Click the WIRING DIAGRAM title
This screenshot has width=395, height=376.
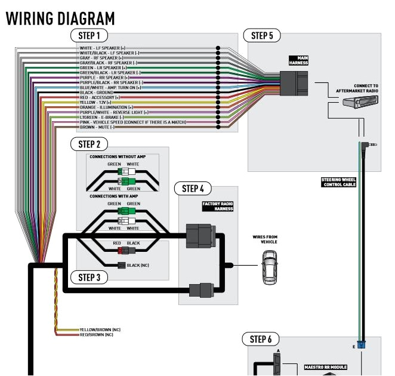60,18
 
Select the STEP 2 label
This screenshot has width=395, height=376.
89,144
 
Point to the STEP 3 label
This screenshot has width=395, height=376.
89,277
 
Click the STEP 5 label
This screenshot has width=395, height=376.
262,36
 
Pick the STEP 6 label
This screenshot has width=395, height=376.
261,339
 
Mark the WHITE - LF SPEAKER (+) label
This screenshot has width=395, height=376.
103,48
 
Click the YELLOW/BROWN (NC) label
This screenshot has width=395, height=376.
100,329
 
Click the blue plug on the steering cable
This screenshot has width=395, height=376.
362,345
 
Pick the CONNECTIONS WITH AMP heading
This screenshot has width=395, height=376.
116,196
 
